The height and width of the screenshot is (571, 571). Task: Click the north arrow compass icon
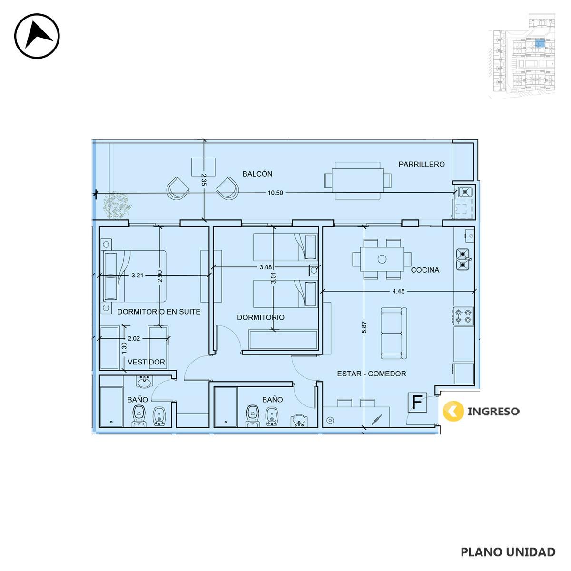pyautogui.click(x=37, y=36)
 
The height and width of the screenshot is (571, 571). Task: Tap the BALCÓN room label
pyautogui.click(x=257, y=174)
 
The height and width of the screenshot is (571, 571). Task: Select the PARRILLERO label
pyautogui.click(x=422, y=164)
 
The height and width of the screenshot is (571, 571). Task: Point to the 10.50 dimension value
pyautogui.click(x=276, y=193)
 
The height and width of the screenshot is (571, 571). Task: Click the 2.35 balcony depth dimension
pyautogui.click(x=203, y=180)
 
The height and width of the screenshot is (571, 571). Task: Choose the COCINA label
pyautogui.click(x=425, y=270)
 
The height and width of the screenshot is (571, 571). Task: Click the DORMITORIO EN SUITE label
pyautogui.click(x=159, y=311)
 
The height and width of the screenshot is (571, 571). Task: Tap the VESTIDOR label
pyautogui.click(x=146, y=362)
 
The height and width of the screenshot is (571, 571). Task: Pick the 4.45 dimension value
pyautogui.click(x=398, y=291)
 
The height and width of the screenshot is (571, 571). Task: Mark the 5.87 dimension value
pyautogui.click(x=364, y=327)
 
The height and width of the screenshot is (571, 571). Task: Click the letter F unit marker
pyautogui.click(x=417, y=402)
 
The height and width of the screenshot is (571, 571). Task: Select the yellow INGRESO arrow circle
pyautogui.click(x=453, y=411)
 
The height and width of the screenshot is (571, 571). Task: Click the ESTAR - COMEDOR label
pyautogui.click(x=372, y=374)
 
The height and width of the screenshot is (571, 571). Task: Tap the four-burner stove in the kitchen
pyautogui.click(x=463, y=316)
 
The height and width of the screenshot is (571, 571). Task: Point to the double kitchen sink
pyautogui.click(x=463, y=259)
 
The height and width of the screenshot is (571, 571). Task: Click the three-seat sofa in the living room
pyautogui.click(x=394, y=334)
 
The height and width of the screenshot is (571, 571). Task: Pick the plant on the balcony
pyautogui.click(x=117, y=205)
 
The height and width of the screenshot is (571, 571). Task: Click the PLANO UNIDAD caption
pyautogui.click(x=508, y=552)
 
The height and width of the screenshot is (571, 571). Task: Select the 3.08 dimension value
pyautogui.click(x=266, y=267)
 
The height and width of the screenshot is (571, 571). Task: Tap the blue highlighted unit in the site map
pyautogui.click(x=540, y=44)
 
